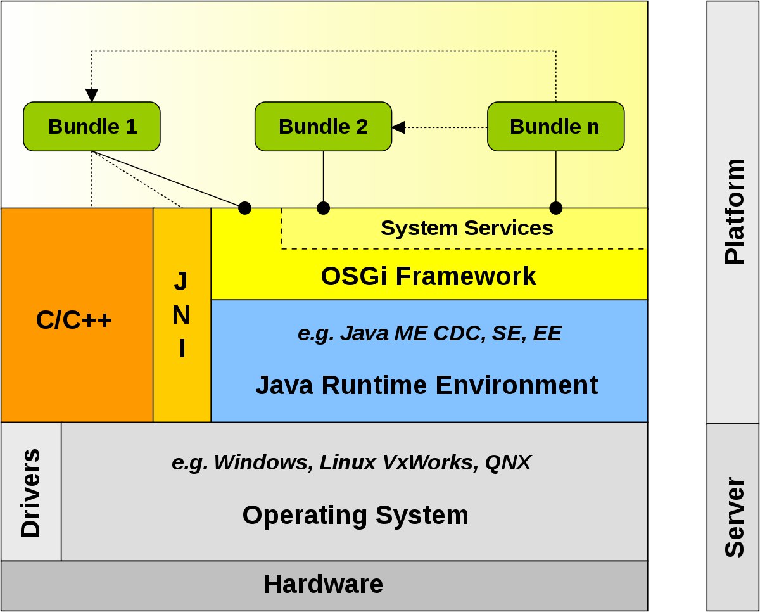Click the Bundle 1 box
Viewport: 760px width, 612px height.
click(92, 127)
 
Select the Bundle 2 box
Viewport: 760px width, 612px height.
click(323, 127)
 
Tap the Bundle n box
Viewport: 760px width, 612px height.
click(556, 127)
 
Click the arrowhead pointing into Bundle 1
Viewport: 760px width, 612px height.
click(92, 96)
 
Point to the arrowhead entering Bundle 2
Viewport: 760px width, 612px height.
click(398, 127)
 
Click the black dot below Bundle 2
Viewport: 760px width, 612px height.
click(323, 208)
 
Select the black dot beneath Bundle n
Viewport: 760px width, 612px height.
click(556, 208)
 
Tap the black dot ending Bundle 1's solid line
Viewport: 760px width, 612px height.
click(244, 208)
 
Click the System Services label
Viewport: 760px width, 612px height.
click(467, 228)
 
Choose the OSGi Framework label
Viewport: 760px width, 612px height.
click(428, 276)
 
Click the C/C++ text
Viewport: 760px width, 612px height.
click(74, 320)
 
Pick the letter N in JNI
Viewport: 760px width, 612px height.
click(181, 314)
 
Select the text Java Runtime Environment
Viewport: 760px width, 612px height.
click(427, 385)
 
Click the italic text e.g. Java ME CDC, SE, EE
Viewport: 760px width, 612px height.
click(429, 333)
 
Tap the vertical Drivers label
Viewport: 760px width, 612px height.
click(31, 493)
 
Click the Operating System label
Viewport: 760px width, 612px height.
click(355, 515)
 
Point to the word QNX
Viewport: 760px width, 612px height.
click(508, 462)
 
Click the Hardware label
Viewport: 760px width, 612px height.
click(324, 584)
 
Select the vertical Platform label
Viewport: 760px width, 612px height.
click(734, 212)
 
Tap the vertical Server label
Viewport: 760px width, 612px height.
click(734, 518)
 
